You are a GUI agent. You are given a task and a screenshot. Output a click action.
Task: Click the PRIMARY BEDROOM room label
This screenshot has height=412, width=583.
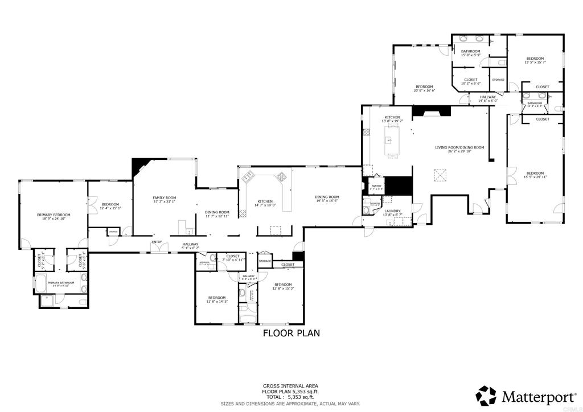click(x=53, y=215)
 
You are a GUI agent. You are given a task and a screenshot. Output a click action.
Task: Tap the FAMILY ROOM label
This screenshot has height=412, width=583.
click(x=164, y=197)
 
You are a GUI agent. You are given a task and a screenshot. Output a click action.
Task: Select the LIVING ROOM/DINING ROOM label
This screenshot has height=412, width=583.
click(x=459, y=147)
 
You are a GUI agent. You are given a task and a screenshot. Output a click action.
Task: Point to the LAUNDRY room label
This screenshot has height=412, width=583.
click(x=392, y=211)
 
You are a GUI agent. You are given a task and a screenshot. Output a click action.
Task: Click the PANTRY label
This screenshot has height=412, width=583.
click(x=376, y=186)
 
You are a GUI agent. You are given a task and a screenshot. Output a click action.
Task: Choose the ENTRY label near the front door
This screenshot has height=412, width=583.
click(x=157, y=242)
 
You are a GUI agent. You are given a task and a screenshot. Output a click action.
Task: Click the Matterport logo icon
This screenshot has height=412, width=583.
click(x=486, y=395)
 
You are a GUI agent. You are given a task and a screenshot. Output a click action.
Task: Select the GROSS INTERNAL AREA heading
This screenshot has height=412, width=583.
click(x=291, y=385)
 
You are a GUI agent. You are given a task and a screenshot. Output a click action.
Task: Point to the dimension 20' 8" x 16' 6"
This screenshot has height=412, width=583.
click(x=424, y=90)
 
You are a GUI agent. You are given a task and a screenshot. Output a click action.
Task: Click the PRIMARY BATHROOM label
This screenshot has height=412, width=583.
click(x=61, y=283)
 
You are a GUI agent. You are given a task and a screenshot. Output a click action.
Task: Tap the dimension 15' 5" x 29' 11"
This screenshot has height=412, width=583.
click(x=535, y=177)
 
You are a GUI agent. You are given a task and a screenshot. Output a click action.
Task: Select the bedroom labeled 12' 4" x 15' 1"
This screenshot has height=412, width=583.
click(x=110, y=208)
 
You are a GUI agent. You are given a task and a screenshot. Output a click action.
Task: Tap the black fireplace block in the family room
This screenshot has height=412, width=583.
click(x=138, y=166)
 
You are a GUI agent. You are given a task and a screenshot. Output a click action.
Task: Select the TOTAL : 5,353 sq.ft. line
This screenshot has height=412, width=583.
click(x=291, y=397)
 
